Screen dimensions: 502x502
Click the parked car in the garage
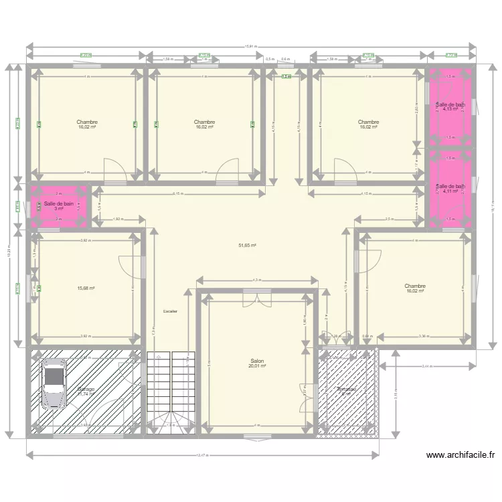tap(54, 384)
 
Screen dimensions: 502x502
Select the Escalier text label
tap(170, 311)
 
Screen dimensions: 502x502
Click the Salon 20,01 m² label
tap(257, 363)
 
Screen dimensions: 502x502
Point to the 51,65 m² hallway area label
tap(248, 246)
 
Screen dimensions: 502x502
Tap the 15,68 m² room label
tap(86, 288)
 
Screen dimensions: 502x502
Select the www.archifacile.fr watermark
tap(461, 456)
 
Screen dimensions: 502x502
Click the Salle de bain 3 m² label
tap(59, 205)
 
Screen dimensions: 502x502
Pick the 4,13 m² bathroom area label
tap(450, 109)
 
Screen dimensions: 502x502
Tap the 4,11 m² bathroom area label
tap(450, 191)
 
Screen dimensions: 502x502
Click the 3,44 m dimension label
tap(428, 366)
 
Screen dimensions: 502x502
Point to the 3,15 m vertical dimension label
tap(396, 395)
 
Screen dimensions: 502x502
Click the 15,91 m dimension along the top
tap(252, 46)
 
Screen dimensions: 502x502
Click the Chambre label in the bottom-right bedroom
tap(415, 286)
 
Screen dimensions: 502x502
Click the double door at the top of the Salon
tap(258, 302)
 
